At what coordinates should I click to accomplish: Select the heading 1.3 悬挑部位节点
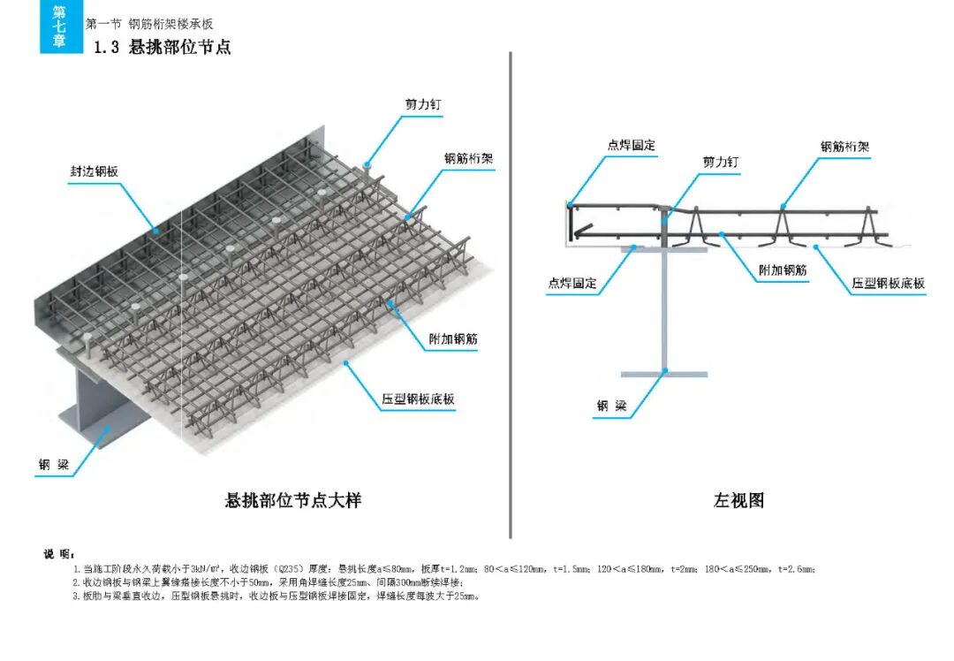click(163, 48)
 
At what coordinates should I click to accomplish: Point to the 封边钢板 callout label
click(95, 171)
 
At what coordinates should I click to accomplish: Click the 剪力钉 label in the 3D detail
click(423, 104)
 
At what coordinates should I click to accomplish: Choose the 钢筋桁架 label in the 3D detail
click(468, 159)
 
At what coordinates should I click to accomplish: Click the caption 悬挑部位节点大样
click(293, 501)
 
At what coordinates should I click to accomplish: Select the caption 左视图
click(738, 501)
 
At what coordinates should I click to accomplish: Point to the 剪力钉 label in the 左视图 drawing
click(720, 163)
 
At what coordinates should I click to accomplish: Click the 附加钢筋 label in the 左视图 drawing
click(783, 270)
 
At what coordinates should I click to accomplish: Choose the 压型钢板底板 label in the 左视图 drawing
click(889, 284)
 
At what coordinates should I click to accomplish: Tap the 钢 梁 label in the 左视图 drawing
click(611, 406)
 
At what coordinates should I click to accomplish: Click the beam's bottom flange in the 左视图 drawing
click(663, 374)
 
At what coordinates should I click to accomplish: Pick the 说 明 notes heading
click(56, 555)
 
